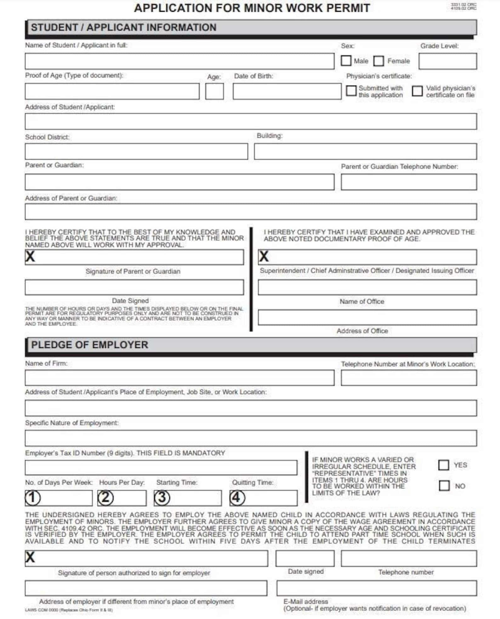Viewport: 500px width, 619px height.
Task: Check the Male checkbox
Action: click(346, 60)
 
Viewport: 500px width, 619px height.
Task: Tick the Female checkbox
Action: click(378, 61)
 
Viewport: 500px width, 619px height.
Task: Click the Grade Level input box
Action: click(447, 61)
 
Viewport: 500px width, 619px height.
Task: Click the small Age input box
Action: click(214, 91)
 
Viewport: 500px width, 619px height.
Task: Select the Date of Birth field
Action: click(287, 91)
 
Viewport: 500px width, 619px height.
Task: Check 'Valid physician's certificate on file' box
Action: click(417, 91)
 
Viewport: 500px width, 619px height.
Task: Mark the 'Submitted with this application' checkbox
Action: click(351, 91)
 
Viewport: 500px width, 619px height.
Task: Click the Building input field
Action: click(365, 151)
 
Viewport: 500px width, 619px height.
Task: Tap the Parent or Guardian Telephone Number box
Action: click(408, 182)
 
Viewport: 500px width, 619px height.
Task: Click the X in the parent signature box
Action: click(30, 256)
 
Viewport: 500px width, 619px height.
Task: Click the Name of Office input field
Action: click(367, 287)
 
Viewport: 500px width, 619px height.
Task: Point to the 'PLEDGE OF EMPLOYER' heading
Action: click(89, 345)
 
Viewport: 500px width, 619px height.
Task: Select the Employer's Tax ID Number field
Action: click(161, 468)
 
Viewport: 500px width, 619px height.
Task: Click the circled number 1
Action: click(33, 498)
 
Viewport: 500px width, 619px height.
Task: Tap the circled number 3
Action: click(162, 497)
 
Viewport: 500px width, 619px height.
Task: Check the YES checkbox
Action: click(443, 465)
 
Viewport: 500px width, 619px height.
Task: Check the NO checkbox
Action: click(444, 486)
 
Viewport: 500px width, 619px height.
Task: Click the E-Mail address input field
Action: click(377, 588)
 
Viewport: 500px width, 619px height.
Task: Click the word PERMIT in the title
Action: click(348, 8)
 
